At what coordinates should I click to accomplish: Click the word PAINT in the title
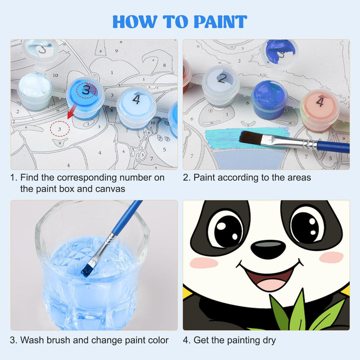(x=220, y=22)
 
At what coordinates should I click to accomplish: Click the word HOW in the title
(x=135, y=22)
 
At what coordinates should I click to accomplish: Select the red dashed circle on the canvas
(x=60, y=129)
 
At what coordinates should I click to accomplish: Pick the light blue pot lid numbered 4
(x=136, y=100)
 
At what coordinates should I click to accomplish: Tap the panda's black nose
(x=268, y=249)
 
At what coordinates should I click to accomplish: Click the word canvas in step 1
(x=110, y=189)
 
